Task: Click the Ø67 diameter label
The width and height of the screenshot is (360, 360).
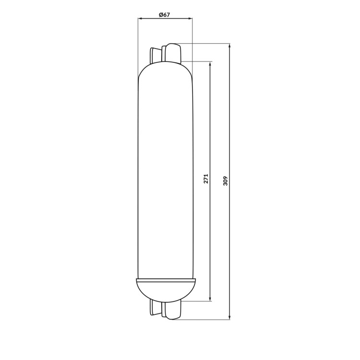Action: tap(164, 15)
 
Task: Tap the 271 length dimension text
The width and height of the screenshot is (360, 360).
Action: tap(206, 179)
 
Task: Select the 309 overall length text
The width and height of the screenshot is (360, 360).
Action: tap(225, 180)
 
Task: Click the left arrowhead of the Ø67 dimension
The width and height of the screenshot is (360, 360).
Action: tap(140, 19)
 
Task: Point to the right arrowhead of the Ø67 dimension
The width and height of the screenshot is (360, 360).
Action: tap(190, 19)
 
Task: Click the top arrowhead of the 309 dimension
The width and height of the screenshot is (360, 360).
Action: tap(230, 46)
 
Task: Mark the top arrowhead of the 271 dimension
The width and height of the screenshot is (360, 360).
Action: tap(210, 63)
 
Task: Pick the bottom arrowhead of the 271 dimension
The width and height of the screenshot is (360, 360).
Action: tap(210, 299)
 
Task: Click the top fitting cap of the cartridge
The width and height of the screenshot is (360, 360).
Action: tap(173, 53)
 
